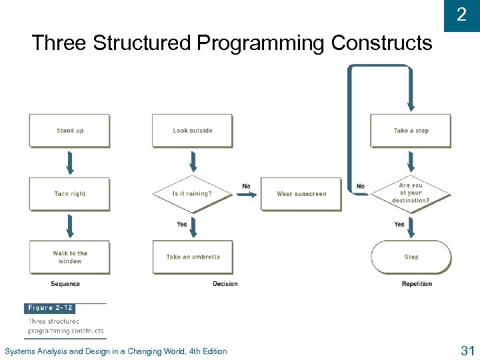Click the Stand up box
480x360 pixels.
coord(69,131)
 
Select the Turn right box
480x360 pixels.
coord(69,194)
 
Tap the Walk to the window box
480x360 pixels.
coord(69,257)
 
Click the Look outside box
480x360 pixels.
coord(192,131)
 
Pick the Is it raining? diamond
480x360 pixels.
coord(192,194)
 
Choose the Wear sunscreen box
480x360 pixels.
coord(301,194)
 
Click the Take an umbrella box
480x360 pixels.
coord(193,257)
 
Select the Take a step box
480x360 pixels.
coord(411,131)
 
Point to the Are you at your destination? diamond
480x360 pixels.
coord(411,193)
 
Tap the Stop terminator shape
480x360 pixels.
coord(411,257)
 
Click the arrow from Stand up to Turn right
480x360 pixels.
coord(69,162)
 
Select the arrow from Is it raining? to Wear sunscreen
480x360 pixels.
coord(247,195)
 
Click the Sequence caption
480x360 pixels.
coord(65,284)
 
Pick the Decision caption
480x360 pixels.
coord(225,284)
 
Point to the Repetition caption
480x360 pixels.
coord(417,284)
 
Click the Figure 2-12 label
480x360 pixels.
coord(49,308)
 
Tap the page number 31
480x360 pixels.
coord(467,350)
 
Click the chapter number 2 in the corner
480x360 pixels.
coord(461,15)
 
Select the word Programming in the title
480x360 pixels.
coord(261,43)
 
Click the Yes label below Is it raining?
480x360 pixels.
coord(182,225)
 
